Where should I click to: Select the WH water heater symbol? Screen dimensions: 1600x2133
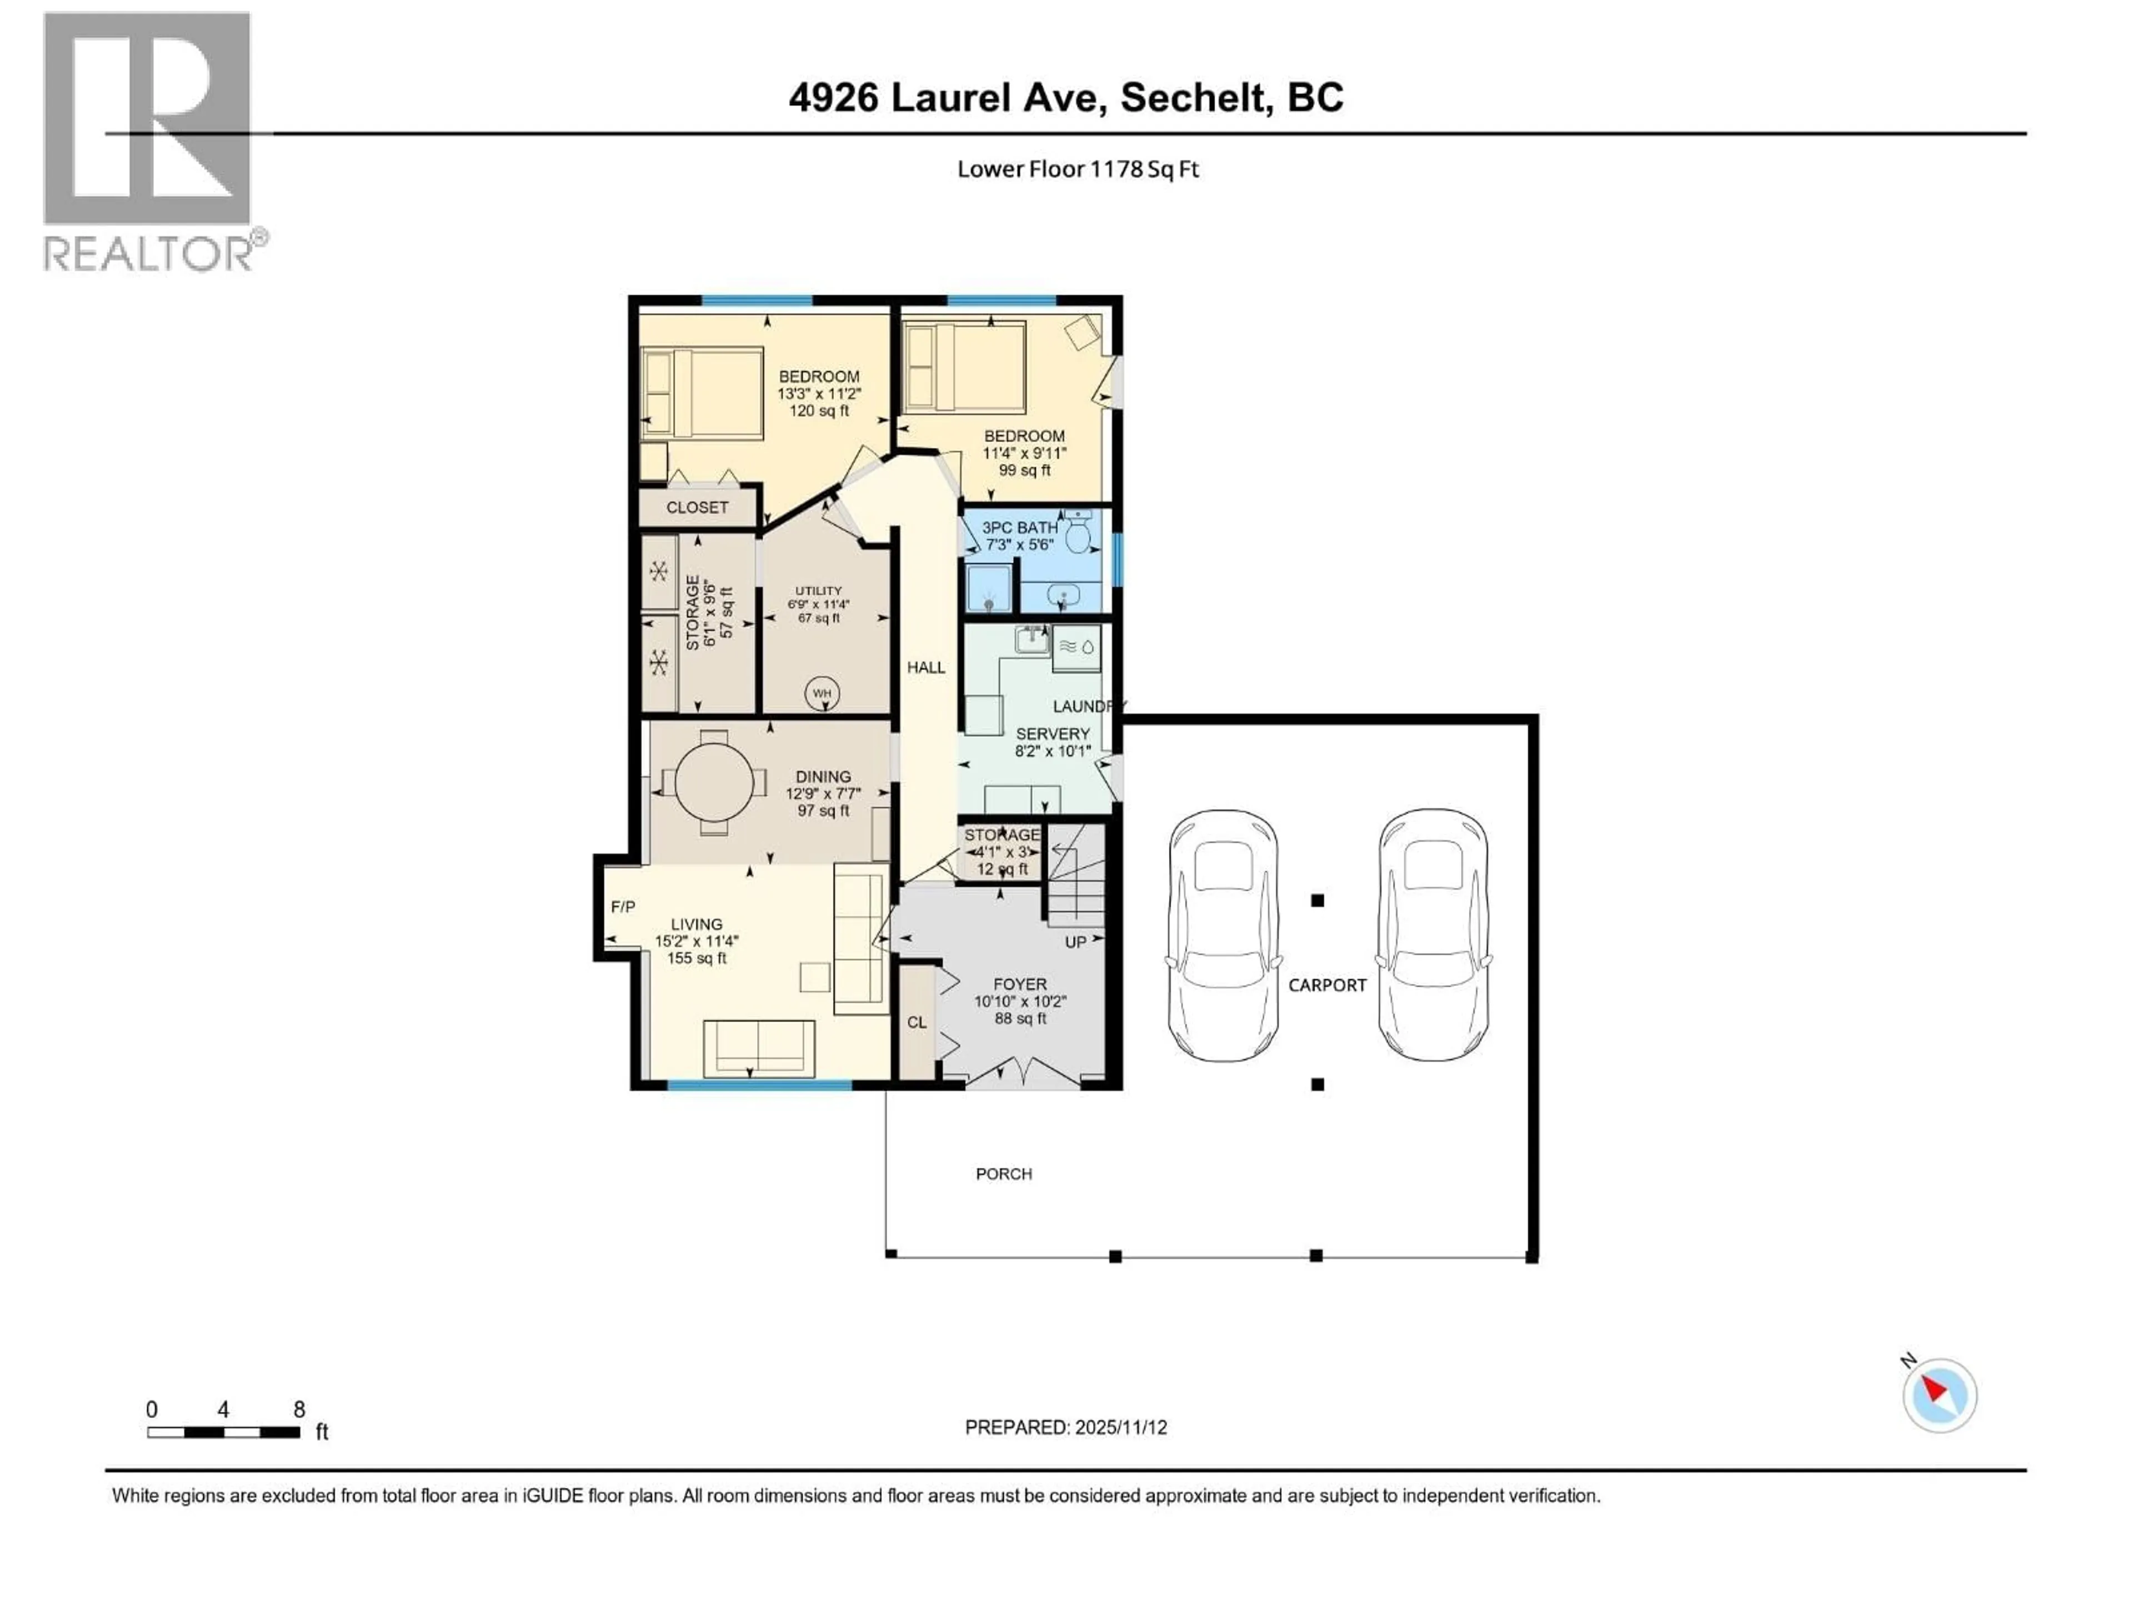pyautogui.click(x=822, y=693)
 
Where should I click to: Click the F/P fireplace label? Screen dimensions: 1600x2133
pyautogui.click(x=623, y=907)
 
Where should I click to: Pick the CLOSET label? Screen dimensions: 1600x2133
pyautogui.click(x=697, y=507)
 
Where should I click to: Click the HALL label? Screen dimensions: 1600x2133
pyautogui.click(x=926, y=667)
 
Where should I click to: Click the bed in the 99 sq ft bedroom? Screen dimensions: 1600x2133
pyautogui.click(x=964, y=367)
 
